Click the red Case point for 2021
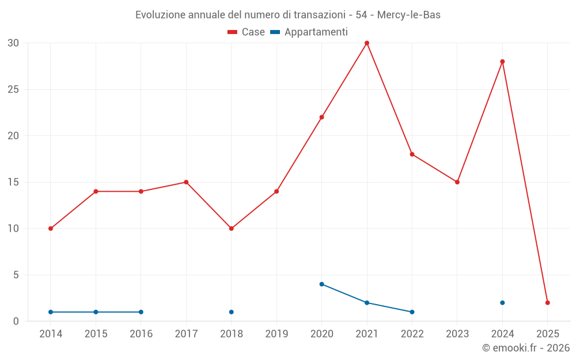click(367, 43)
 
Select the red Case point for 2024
click(502, 62)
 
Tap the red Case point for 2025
click(548, 302)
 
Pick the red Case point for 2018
click(232, 229)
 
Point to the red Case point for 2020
click(322, 117)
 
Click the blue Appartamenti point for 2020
click(322, 284)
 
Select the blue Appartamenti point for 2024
click(502, 302)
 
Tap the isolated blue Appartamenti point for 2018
click(232, 312)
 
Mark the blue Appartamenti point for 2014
click(51, 312)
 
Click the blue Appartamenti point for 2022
click(412, 312)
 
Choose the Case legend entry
click(247, 32)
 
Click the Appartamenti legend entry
click(309, 32)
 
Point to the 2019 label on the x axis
click(276, 334)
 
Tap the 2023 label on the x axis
click(457, 334)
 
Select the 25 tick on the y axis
click(13, 89)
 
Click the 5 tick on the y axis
click(16, 275)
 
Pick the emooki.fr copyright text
click(525, 348)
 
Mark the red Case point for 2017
click(186, 182)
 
